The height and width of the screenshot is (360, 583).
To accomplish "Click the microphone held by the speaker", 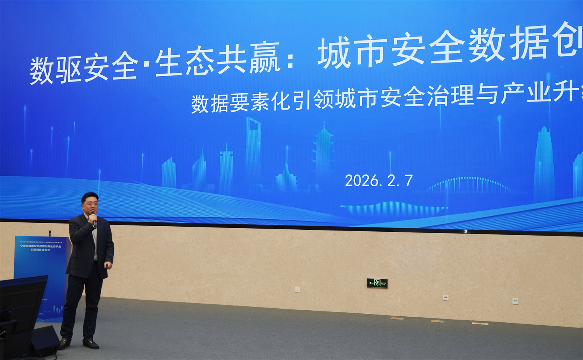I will tap(94, 221).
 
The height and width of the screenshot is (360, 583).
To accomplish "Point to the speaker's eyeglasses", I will tap(90, 204).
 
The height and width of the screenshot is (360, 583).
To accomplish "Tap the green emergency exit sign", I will tap(377, 283).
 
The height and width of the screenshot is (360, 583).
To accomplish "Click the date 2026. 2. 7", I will tap(379, 181).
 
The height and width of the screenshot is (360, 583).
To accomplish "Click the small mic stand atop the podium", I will tap(50, 233).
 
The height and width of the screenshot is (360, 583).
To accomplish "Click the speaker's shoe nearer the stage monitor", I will tap(64, 343).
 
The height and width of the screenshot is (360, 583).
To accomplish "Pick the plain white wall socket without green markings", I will tap(297, 290).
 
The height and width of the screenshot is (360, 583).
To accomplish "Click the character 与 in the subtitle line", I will tap(486, 94).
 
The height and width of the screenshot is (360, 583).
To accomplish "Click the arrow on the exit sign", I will tap(371, 283).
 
